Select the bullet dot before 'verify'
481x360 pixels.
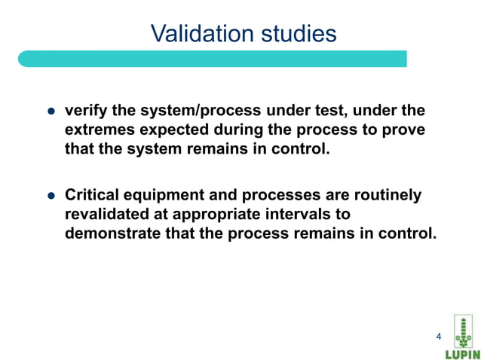[x=52, y=111]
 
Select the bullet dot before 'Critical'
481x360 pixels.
[x=52, y=196]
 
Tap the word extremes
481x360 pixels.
[x=100, y=130]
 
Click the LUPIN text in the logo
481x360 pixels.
[x=461, y=353]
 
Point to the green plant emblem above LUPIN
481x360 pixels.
[x=461, y=330]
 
